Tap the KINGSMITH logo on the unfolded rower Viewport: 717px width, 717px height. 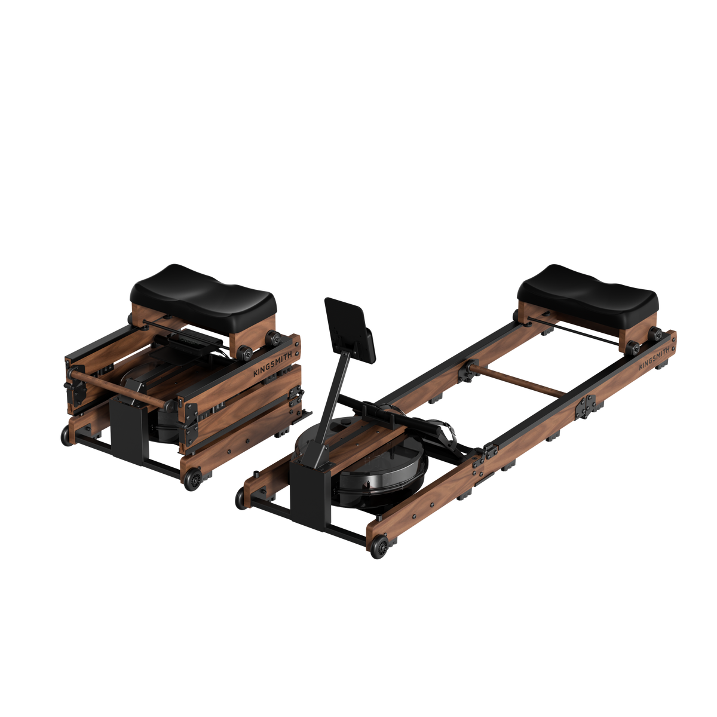(x=654, y=357)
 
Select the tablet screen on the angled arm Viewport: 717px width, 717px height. (x=350, y=329)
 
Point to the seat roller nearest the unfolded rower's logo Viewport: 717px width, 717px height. (x=635, y=347)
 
